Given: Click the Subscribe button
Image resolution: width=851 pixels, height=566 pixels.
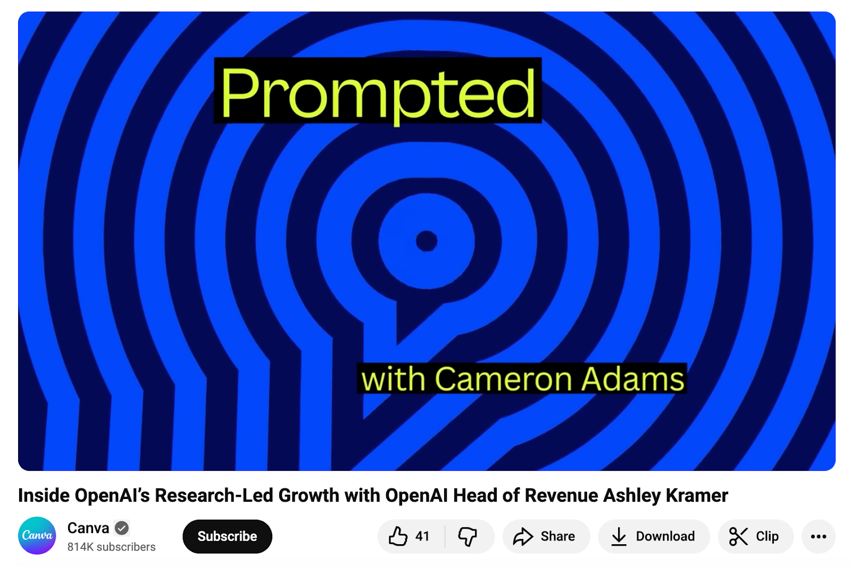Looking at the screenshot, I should point(227,536).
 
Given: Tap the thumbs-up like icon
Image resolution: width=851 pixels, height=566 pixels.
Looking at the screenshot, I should point(398,536).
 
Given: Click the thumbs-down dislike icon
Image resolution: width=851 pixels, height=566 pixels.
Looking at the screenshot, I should point(468,536).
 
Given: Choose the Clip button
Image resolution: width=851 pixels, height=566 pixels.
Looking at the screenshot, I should point(755,536).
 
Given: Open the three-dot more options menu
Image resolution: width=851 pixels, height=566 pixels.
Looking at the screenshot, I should point(818,536).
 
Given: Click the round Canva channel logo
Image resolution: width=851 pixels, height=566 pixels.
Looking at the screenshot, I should point(37,535).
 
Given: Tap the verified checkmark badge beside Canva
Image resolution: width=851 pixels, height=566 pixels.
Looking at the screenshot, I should point(122,528).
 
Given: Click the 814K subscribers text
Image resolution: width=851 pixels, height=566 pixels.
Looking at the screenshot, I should point(111,547).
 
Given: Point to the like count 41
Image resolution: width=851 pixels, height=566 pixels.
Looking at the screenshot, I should point(422,536).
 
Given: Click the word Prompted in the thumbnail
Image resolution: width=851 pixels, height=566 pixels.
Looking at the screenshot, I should point(378,93).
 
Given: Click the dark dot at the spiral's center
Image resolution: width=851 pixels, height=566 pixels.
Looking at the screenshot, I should point(426,241).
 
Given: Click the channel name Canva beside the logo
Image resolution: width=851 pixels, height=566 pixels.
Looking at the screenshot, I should point(88,528).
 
